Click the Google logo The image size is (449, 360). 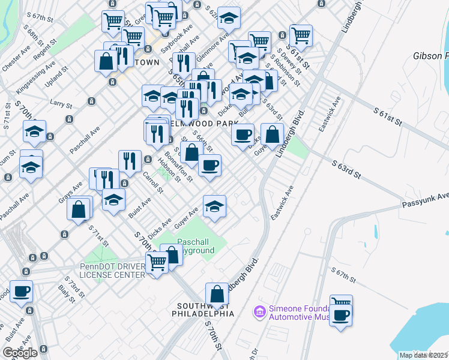pos(20,353)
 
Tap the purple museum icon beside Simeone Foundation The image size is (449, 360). pos(260,311)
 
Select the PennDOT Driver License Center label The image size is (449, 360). pos(113,271)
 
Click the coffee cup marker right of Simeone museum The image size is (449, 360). pos(341,314)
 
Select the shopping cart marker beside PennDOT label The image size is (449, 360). pos(157,262)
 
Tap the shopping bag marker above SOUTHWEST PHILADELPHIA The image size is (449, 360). pos(217,295)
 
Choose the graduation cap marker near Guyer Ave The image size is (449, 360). pos(214,206)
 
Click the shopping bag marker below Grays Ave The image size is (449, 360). pos(78,209)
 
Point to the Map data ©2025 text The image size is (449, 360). pos(424,355)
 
